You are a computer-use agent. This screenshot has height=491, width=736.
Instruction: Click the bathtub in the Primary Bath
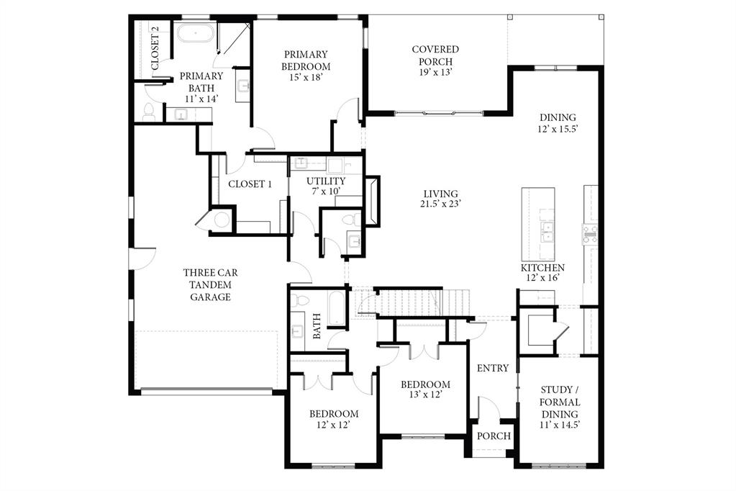click(x=195, y=34)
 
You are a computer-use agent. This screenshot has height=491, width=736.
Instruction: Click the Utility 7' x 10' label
click(x=325, y=186)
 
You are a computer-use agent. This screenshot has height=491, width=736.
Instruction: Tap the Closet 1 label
click(x=250, y=184)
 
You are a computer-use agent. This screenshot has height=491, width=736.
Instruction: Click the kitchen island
click(x=538, y=223)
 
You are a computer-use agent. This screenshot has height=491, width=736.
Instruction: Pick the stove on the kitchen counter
click(x=590, y=234)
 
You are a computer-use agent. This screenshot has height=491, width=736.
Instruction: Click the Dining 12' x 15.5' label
click(x=558, y=123)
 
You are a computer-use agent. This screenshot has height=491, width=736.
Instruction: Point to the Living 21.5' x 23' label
click(x=440, y=199)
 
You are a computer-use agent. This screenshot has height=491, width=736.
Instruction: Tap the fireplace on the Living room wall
click(x=372, y=201)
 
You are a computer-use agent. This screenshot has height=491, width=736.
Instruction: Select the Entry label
click(x=493, y=368)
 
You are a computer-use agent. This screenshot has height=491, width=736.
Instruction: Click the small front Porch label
click(x=494, y=436)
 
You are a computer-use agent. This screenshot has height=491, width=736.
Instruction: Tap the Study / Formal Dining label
click(x=560, y=407)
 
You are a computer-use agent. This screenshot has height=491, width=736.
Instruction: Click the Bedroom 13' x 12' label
click(x=425, y=389)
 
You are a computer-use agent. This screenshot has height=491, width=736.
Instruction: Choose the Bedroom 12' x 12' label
click(x=334, y=419)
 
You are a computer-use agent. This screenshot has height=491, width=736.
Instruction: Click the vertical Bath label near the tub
click(x=317, y=326)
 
